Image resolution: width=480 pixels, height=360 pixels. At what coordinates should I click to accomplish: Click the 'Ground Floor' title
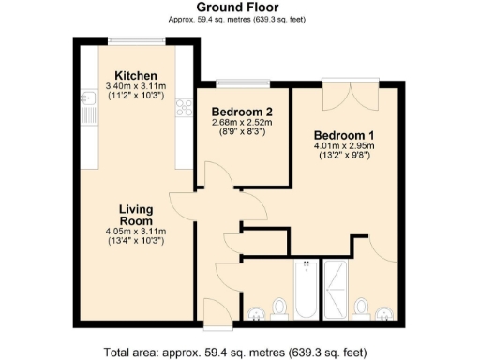pyautogui.click(x=239, y=7)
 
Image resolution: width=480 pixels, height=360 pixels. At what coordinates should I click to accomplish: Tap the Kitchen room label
pyautogui.click(x=136, y=76)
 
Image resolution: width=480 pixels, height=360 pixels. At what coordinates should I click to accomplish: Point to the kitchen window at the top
pyautogui.click(x=136, y=39)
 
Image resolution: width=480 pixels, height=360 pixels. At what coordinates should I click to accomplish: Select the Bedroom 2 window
pyautogui.click(x=242, y=84)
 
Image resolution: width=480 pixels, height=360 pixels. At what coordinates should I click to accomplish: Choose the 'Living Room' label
pyautogui.click(x=136, y=215)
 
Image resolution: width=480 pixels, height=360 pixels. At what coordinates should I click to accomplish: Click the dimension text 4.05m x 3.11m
pyautogui.click(x=136, y=232)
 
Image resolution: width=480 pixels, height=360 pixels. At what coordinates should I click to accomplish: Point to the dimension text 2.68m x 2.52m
pyautogui.click(x=241, y=123)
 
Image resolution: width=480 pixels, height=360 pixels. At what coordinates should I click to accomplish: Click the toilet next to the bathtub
pyautogui.click(x=278, y=307)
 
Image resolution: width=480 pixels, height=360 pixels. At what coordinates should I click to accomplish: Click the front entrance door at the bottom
pyautogui.click(x=214, y=314)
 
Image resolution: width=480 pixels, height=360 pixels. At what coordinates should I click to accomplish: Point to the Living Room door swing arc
pyautogui.click(x=180, y=206)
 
